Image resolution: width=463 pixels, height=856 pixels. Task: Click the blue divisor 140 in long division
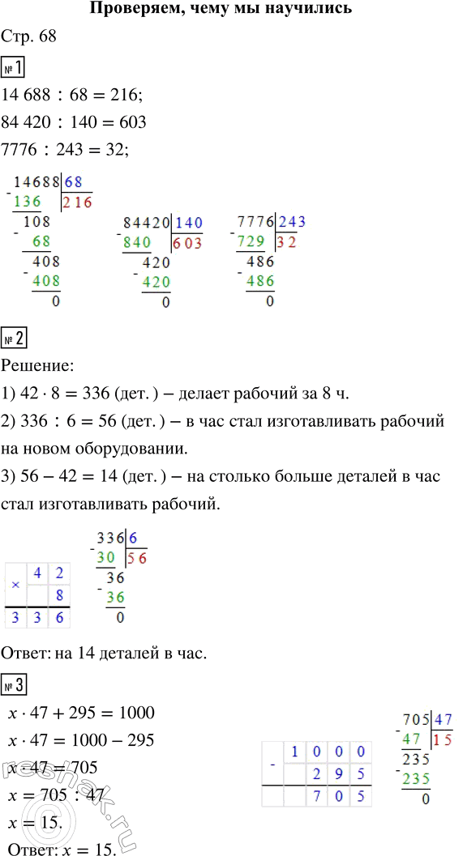coord(188,223)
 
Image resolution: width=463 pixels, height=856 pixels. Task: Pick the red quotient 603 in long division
coord(187,243)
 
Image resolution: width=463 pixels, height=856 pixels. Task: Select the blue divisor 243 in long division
coord(292,222)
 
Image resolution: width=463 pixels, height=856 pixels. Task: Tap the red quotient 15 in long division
coord(443,739)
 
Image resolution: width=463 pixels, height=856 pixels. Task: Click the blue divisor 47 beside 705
coord(443,718)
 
